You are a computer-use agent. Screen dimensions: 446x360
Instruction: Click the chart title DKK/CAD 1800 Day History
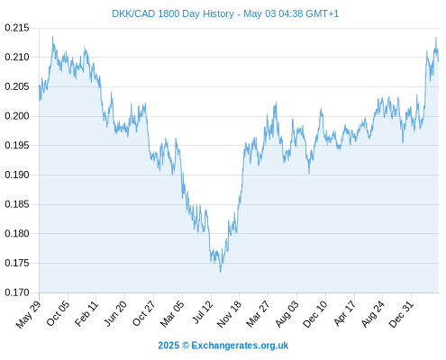coord(173,13)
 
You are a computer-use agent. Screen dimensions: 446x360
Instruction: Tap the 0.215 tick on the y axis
coord(17,28)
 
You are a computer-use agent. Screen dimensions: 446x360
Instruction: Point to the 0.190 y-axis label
coord(17,175)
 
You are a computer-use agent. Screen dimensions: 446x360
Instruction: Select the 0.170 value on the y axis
coord(17,292)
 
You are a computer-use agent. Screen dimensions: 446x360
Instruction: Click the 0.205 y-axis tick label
coord(17,86)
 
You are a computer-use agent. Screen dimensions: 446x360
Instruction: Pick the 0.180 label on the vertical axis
coord(17,233)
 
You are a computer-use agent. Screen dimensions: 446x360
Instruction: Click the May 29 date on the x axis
coord(28,314)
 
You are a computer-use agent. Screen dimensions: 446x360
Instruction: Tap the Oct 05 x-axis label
coord(58,313)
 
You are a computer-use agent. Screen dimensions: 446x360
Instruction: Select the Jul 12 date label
coord(203,312)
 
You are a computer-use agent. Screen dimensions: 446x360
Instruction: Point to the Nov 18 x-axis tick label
coord(229,314)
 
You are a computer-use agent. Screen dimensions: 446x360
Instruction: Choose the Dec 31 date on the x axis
coord(401,314)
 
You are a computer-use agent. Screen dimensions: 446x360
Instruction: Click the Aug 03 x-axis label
coord(287,313)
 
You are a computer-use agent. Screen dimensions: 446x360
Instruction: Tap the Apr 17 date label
coord(345,313)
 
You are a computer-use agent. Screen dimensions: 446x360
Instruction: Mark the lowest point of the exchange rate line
coord(221,272)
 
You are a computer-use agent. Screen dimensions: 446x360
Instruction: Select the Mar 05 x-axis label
coord(172,313)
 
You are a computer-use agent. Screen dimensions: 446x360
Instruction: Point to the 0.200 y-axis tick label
coord(17,116)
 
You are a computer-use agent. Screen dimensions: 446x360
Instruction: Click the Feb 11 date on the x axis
coord(86,313)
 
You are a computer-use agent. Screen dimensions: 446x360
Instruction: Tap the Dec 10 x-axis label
coord(314,314)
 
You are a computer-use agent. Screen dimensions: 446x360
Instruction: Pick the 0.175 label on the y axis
coord(17,263)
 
